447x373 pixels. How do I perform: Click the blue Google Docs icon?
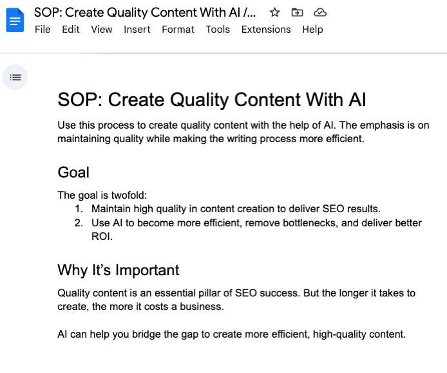[x=14, y=21]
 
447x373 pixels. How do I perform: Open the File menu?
[x=43, y=30]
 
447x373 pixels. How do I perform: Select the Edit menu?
[x=71, y=30]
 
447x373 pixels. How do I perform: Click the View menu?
[x=102, y=30]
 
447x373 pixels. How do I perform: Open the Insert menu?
[x=137, y=30]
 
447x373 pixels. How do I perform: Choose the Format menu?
[x=178, y=30]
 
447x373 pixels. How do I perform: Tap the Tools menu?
[x=218, y=30]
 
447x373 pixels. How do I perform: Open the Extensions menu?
[x=266, y=30]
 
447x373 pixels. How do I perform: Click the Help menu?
[x=312, y=30]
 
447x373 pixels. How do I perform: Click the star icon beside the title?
[x=275, y=12]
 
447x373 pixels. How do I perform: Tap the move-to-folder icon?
[x=297, y=12]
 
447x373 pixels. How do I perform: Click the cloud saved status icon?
[x=319, y=12]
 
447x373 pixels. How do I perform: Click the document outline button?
[x=15, y=77]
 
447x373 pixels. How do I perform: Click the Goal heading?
[x=73, y=172]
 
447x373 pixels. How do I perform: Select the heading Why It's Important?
[x=119, y=270]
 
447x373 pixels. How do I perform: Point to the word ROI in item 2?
[x=102, y=237]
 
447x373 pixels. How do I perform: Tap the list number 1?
[x=79, y=209]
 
